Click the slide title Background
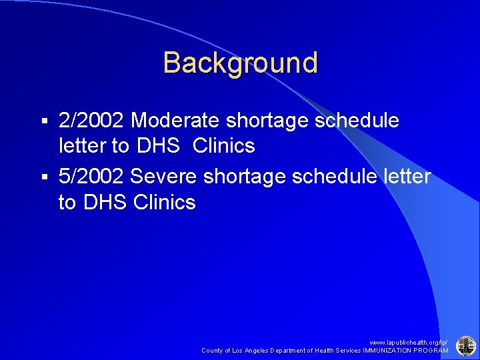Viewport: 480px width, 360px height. (240, 63)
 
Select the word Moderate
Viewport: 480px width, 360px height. (176, 121)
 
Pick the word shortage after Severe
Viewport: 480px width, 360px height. (244, 177)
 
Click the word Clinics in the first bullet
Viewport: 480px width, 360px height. (224, 145)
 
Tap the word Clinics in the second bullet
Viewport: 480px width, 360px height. (165, 201)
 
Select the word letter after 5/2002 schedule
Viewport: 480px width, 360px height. (405, 177)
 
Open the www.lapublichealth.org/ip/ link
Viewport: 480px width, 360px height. (409, 341)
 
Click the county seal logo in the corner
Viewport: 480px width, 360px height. (465, 345)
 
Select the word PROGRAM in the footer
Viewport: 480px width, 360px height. (431, 350)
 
